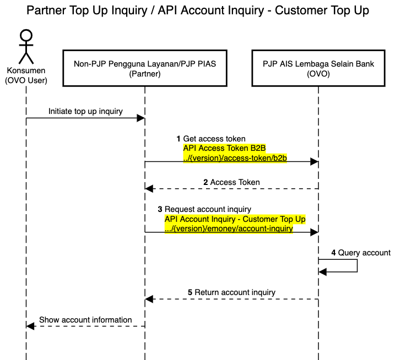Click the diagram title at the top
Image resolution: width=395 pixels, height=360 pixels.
[197, 10]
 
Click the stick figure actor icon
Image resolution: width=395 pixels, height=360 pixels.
[26, 47]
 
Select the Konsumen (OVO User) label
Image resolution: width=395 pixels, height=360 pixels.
[26, 76]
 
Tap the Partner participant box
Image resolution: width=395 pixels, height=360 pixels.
[145, 69]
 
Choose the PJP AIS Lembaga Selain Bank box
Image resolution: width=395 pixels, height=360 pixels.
[318, 69]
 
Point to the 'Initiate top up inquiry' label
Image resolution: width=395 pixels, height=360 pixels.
[85, 111]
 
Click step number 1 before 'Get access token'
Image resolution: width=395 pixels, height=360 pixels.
[178, 139]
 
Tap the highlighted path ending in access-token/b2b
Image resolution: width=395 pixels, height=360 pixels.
[236, 158]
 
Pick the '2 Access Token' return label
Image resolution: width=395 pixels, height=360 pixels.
[231, 182]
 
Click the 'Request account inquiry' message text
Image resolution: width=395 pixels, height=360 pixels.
[208, 209]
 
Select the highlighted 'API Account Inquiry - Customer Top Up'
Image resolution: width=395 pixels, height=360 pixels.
[235, 219]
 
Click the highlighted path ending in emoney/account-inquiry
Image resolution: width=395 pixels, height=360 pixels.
[229, 229]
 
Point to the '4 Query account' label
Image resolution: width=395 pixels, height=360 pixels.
[360, 253]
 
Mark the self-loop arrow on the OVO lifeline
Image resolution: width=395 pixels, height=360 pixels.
[357, 265]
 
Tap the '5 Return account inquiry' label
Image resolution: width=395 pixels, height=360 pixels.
[231, 292]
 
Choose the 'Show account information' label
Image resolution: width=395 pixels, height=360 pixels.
[85, 320]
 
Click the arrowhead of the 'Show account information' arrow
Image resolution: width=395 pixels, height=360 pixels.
[31, 326]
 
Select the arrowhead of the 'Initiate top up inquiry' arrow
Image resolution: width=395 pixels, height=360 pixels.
[141, 118]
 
